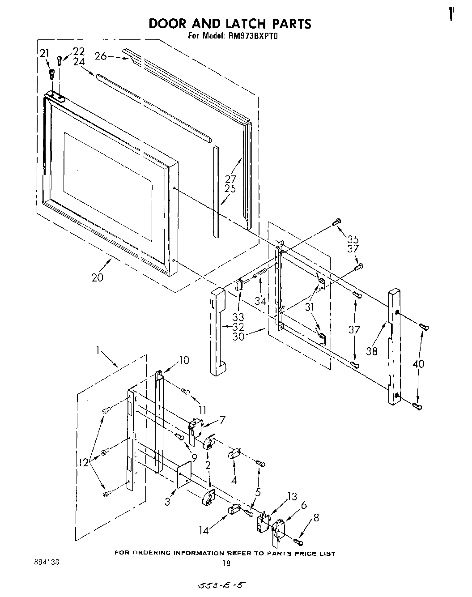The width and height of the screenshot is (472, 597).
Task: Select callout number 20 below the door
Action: coord(97,277)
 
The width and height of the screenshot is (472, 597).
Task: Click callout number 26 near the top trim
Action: coord(101,56)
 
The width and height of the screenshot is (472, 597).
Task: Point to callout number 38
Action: coord(371,351)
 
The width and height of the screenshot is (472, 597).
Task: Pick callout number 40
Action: coord(418,364)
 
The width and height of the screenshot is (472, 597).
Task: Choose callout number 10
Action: coord(184,360)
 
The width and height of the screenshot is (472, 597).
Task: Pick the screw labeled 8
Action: coord(299,542)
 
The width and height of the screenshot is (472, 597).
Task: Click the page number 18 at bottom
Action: coord(226,563)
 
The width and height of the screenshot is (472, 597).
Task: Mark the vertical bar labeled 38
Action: coord(394,347)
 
